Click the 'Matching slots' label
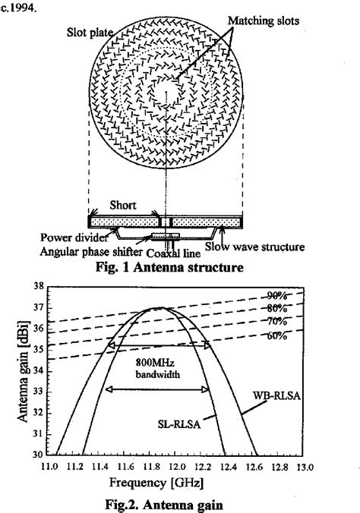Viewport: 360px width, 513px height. [264, 21]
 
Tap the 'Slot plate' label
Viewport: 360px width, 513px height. [90, 33]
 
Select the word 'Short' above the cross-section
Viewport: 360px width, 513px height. [122, 205]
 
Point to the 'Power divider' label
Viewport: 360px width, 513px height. [74, 238]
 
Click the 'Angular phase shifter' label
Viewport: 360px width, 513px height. [91, 252]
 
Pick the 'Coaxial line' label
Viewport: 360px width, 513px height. [173, 253]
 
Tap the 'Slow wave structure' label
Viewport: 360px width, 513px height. [254, 247]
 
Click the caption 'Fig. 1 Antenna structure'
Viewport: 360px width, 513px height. [169, 267]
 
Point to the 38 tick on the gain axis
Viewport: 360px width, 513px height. [38, 287]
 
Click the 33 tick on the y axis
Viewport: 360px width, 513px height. [38, 392]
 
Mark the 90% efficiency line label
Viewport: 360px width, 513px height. [277, 296]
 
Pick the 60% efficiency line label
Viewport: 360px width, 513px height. [277, 335]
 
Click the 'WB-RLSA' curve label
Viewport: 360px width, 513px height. [276, 395]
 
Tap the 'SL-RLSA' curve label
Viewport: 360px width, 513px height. [178, 424]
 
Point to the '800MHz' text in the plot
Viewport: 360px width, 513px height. [155, 363]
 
